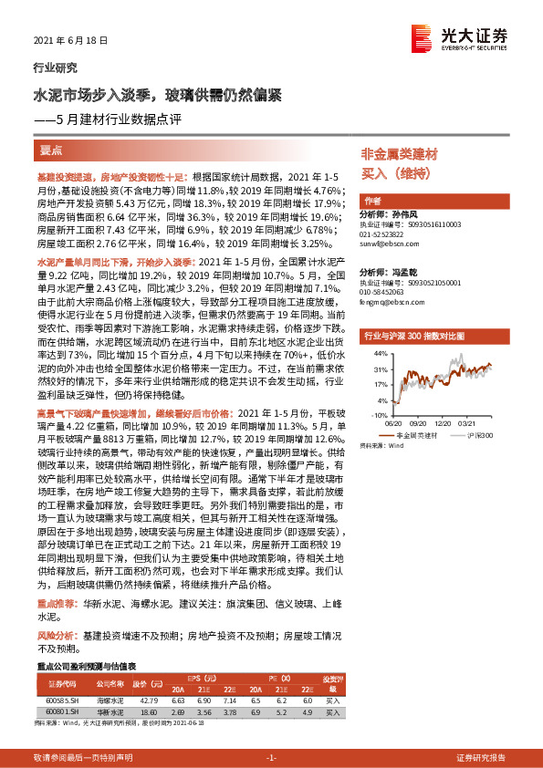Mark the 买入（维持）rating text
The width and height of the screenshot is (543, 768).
(x=395, y=172)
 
